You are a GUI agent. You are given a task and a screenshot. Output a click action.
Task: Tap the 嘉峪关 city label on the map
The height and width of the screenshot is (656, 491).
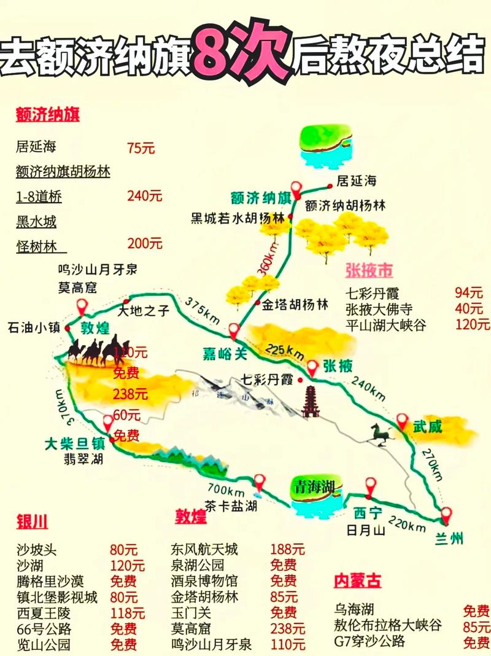224,353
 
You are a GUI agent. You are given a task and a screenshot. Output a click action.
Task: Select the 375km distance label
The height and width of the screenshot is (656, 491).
202,310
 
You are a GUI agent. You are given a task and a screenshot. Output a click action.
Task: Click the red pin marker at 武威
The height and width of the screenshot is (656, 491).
402,421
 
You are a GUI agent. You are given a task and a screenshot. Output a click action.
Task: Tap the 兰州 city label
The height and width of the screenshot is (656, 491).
450,539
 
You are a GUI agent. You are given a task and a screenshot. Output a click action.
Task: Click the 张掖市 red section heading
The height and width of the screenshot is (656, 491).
369,270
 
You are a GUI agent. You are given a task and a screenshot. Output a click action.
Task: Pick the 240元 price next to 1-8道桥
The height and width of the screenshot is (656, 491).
145,197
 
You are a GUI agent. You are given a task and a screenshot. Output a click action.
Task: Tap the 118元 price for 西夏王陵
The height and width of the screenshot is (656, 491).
127,612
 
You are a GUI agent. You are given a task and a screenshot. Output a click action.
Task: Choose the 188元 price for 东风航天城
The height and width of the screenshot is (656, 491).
287,549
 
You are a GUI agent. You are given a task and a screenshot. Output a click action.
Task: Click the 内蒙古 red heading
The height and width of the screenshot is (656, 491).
357,580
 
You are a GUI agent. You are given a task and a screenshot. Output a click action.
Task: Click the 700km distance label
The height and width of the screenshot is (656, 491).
227,490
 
